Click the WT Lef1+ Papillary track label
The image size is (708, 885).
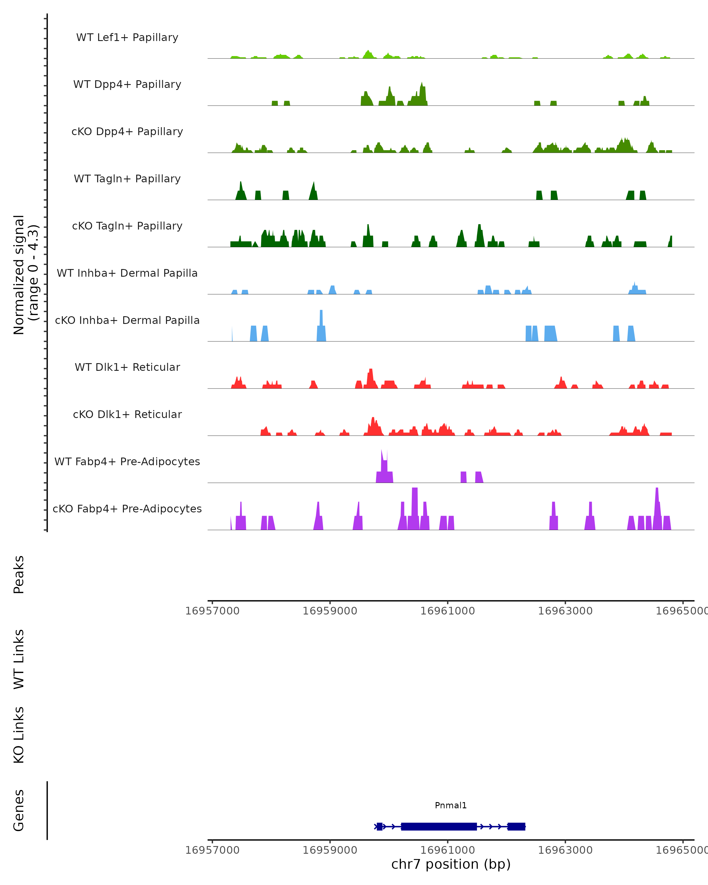pos(127,37)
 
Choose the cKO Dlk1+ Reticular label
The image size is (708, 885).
pos(127,414)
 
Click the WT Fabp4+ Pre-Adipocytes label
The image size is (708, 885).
pos(127,461)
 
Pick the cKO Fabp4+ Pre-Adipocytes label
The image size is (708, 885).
pos(127,509)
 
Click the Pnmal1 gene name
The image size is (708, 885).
pos(451,805)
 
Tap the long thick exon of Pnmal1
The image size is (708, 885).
pos(439,826)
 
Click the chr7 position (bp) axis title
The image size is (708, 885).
pos(451,864)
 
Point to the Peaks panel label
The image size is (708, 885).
pos(19,574)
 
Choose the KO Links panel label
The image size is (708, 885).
pos(19,735)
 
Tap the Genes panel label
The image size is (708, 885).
pos(19,810)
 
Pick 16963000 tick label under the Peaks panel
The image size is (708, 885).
pos(565,611)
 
